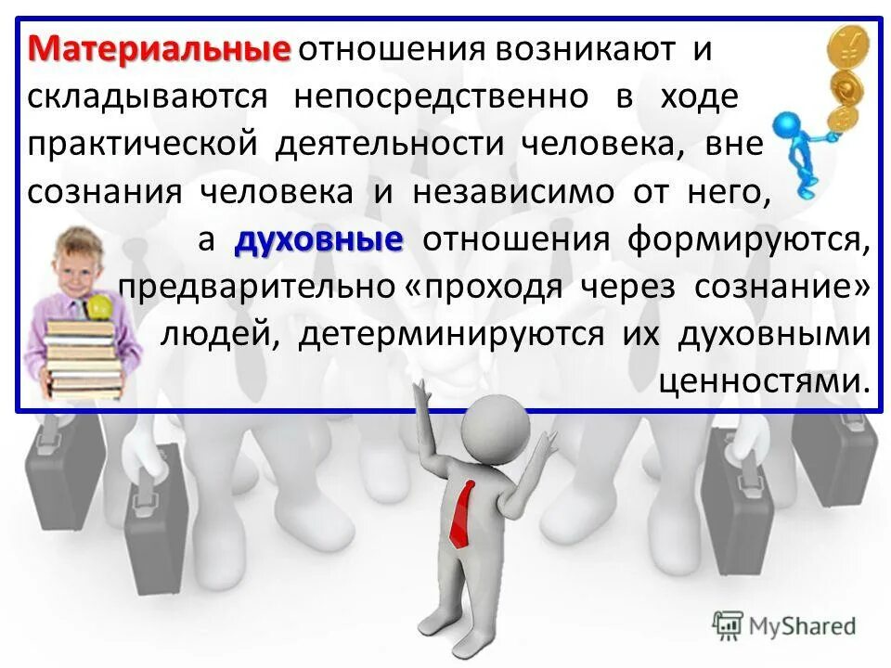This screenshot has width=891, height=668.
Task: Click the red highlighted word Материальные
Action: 159,47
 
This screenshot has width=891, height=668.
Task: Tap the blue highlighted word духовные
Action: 319,240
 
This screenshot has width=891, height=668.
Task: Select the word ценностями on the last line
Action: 764,381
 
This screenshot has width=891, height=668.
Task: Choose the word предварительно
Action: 256,288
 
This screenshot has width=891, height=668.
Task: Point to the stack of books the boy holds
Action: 84,357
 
